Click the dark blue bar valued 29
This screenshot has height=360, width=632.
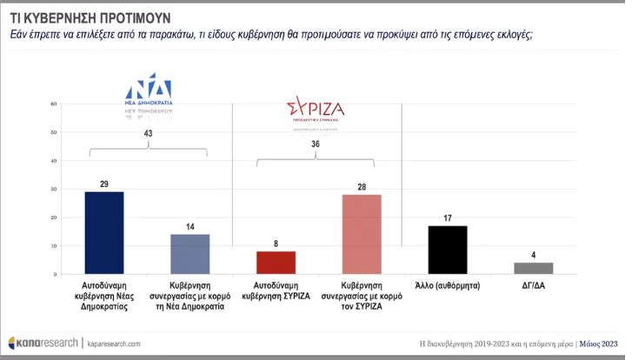[x=103, y=233]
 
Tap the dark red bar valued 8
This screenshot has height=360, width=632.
[x=276, y=263]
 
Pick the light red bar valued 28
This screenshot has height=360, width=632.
[x=362, y=234]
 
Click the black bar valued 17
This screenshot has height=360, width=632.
[x=448, y=250]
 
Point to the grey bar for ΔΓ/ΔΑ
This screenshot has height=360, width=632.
[x=533, y=268]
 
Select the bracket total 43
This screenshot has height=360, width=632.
[x=148, y=132]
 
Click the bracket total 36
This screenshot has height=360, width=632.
[x=316, y=145]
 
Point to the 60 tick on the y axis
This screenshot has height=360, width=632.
[x=54, y=104]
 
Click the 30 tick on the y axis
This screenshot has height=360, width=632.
[x=54, y=190]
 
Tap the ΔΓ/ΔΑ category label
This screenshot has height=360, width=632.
[x=533, y=284]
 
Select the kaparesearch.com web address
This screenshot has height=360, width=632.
[x=112, y=343]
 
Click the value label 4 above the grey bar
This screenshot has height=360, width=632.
[x=533, y=255]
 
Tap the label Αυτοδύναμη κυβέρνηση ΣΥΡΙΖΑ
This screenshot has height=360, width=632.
[x=276, y=289]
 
